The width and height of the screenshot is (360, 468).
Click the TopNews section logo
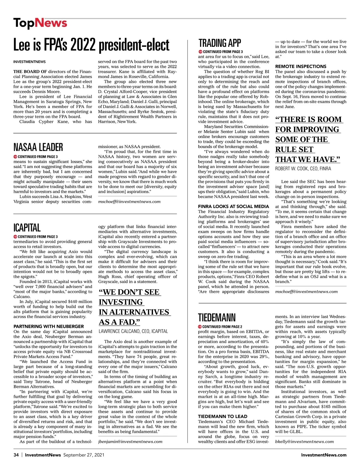click(x=40, y=23)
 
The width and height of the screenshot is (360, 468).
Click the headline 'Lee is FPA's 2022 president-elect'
click(x=91, y=45)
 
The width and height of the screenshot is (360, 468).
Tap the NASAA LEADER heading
click(x=38, y=147)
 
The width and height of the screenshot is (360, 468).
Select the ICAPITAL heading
click(x=27, y=228)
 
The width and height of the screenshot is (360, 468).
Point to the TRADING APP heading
click(x=220, y=43)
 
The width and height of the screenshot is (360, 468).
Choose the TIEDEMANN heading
click(x=217, y=317)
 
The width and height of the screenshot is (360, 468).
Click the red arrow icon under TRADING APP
click(x=200, y=52)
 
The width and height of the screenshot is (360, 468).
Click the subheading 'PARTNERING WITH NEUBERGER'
click(x=49, y=326)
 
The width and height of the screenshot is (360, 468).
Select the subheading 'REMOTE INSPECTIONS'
click(x=301, y=66)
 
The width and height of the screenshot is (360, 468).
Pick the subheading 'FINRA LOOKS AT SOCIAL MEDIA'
click(x=233, y=206)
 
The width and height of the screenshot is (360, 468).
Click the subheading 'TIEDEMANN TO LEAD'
click(x=223, y=416)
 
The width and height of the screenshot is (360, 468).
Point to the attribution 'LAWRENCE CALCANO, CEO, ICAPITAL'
click(x=133, y=331)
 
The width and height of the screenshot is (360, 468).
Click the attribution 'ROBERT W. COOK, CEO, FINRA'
click(x=303, y=169)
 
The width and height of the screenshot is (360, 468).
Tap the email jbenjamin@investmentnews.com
click(x=130, y=441)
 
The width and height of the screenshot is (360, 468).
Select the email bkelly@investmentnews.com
click(x=304, y=441)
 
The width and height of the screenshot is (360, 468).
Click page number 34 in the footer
click(x=16, y=455)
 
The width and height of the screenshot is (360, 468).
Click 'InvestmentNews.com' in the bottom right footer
click(x=324, y=455)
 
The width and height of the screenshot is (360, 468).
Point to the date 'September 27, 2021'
click(x=84, y=455)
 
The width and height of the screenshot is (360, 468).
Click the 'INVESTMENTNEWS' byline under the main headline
click(x=29, y=62)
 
